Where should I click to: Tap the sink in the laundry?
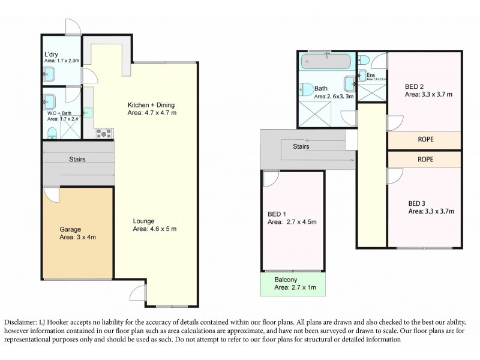point(50,74)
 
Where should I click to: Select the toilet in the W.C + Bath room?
point(52,132)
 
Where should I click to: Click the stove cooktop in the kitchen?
point(104,133)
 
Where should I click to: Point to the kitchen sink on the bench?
point(88,112)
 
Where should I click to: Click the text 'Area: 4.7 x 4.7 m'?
point(152,112)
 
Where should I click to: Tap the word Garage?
point(70,229)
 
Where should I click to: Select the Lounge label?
point(144,220)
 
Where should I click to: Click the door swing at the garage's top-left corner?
point(52,194)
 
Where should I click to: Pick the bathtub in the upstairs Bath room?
point(316,61)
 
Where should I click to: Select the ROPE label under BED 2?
point(425,140)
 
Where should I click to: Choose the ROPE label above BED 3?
point(425,160)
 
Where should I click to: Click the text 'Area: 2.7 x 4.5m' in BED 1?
point(292,222)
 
